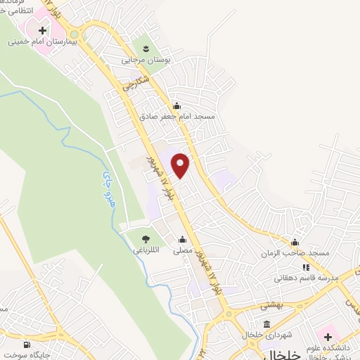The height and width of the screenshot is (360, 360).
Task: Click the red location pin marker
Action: pos(181,165)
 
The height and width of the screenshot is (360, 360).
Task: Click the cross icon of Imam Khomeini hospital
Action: pos(43,30)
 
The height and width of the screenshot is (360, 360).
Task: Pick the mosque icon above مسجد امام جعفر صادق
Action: pos(186,105)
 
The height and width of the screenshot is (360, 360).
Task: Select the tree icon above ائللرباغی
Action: pos(146,239)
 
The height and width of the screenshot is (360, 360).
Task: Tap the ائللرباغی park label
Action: pos(146,250)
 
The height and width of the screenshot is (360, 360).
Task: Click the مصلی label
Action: pos(183,250)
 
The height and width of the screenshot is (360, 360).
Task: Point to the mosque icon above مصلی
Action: pos(183,239)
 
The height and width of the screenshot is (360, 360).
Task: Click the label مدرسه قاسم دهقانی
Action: pos(310,278)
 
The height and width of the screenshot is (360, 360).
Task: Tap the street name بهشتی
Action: pos(271,306)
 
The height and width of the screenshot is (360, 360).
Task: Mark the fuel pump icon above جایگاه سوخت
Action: pos(27,345)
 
